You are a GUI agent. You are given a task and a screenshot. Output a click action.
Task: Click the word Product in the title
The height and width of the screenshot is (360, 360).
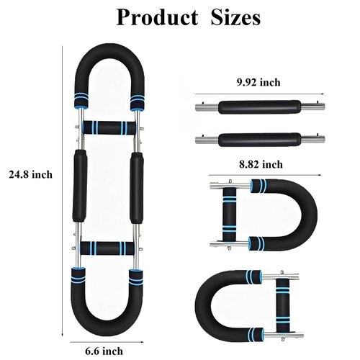click(x=157, y=17)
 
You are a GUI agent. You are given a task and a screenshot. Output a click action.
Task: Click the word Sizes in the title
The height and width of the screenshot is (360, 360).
click(x=235, y=17)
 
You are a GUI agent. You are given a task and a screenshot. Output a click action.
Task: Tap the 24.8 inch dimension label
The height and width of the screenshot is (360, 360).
click(x=30, y=174)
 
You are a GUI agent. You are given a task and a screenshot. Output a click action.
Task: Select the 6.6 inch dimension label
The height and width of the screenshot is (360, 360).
click(x=104, y=351)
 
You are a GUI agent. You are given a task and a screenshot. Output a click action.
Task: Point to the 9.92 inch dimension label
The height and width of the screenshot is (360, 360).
click(x=258, y=82)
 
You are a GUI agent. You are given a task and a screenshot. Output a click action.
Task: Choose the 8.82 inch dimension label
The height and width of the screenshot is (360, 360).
click(x=261, y=164)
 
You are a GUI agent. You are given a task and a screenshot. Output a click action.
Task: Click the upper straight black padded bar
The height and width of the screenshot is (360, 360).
click(x=260, y=107)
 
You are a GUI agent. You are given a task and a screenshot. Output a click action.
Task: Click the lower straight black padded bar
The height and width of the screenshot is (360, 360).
click(x=260, y=139)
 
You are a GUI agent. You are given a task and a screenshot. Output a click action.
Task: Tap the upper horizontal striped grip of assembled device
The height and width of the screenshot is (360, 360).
click(x=109, y=127)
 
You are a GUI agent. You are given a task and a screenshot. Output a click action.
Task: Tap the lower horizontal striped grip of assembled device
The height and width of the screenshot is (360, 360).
click(x=107, y=248)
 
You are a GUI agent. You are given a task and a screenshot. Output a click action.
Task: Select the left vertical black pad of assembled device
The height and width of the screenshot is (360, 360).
click(x=80, y=186)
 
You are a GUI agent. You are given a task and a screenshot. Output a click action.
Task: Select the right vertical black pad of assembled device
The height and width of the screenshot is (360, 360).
click(x=137, y=188)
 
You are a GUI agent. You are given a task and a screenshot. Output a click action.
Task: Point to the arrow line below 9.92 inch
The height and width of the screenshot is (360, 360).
click(x=260, y=94)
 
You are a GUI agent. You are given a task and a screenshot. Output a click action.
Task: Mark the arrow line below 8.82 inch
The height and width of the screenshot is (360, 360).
click(x=265, y=175)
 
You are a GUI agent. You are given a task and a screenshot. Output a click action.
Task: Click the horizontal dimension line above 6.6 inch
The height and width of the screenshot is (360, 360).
click(x=107, y=342)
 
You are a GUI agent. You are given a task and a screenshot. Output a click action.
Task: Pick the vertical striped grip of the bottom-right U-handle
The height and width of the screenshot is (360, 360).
click(x=283, y=305)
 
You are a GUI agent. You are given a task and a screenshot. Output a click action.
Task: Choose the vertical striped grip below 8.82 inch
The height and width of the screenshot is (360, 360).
click(x=230, y=215)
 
